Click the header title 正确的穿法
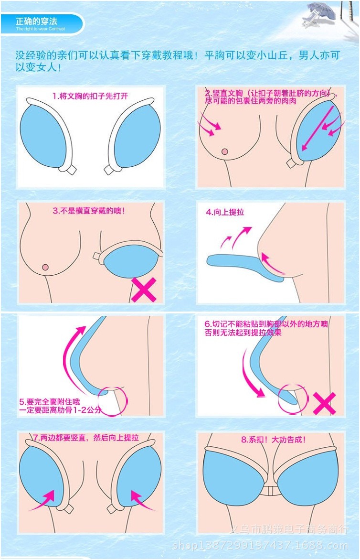point(36,22)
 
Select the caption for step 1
point(90,96)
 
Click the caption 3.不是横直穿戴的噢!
point(89,210)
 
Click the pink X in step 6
point(324,403)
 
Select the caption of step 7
point(86,438)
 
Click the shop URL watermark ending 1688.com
point(260,545)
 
